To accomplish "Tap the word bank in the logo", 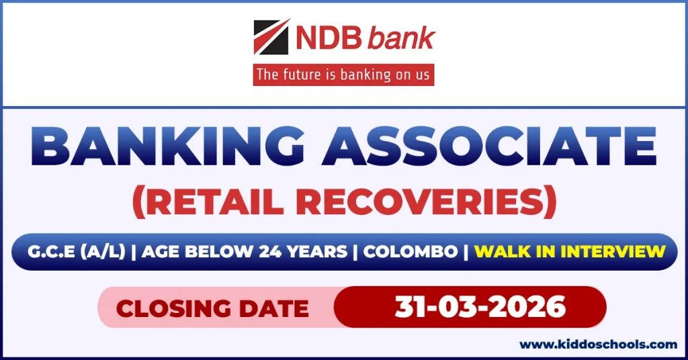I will click(x=401, y=39).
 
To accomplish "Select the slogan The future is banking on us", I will click(x=343, y=74).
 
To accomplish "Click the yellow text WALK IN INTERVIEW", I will click(x=570, y=252).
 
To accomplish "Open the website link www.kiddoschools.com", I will click(x=598, y=345).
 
